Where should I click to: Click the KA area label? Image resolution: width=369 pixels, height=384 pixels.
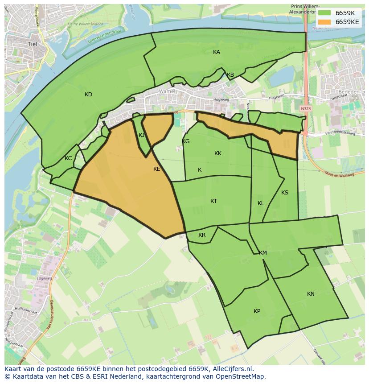(217, 52)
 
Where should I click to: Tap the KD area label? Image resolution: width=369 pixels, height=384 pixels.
(88, 95)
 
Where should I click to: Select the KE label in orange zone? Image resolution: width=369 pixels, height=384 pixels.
(156, 169)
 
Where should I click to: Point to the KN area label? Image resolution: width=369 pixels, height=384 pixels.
(311, 293)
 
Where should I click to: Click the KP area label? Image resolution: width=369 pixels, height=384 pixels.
(257, 311)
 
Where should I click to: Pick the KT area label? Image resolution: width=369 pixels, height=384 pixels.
(213, 201)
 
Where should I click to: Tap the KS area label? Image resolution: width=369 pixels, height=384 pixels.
(285, 193)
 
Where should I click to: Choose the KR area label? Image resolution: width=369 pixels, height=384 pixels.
(202, 235)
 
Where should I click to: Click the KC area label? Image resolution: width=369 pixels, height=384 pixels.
(68, 158)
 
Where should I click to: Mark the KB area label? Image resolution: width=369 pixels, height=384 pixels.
(230, 75)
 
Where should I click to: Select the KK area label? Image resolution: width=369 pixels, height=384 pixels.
(218, 153)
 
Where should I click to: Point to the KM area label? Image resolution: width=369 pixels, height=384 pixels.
(263, 253)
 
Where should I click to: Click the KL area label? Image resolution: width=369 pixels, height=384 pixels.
(261, 203)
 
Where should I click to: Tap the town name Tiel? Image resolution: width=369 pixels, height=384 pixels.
(32, 44)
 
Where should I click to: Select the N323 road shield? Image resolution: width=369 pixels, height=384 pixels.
(305, 108)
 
